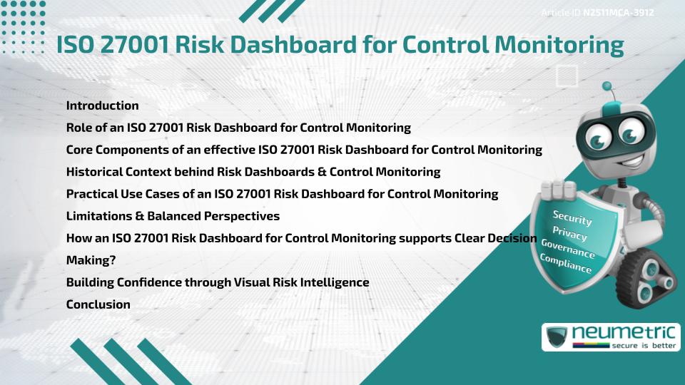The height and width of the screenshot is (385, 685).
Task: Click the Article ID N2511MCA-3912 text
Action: [598, 12]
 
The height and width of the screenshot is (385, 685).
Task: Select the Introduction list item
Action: [102, 106]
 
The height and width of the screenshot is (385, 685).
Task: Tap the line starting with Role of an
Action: [238, 128]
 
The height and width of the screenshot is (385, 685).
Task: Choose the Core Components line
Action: [304, 150]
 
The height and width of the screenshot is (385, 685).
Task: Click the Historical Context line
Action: [253, 172]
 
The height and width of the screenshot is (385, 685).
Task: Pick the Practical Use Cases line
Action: [282, 194]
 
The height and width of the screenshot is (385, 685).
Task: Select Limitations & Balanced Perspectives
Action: [173, 216]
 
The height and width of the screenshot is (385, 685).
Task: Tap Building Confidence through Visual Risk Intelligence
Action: [218, 282]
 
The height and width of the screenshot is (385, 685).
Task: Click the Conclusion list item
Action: [98, 304]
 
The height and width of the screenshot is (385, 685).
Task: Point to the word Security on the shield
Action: [572, 217]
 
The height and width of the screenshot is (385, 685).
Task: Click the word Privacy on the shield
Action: [569, 234]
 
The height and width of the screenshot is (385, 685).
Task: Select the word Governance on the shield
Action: [567, 249]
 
